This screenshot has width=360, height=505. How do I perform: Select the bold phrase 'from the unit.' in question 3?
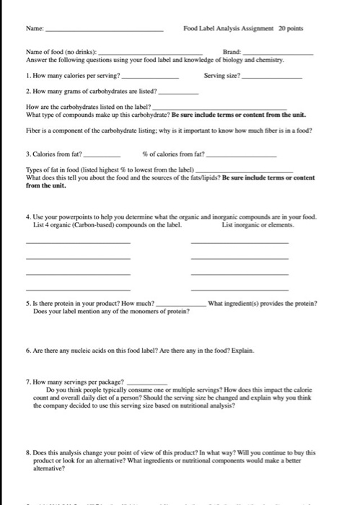click(x=45, y=185)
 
